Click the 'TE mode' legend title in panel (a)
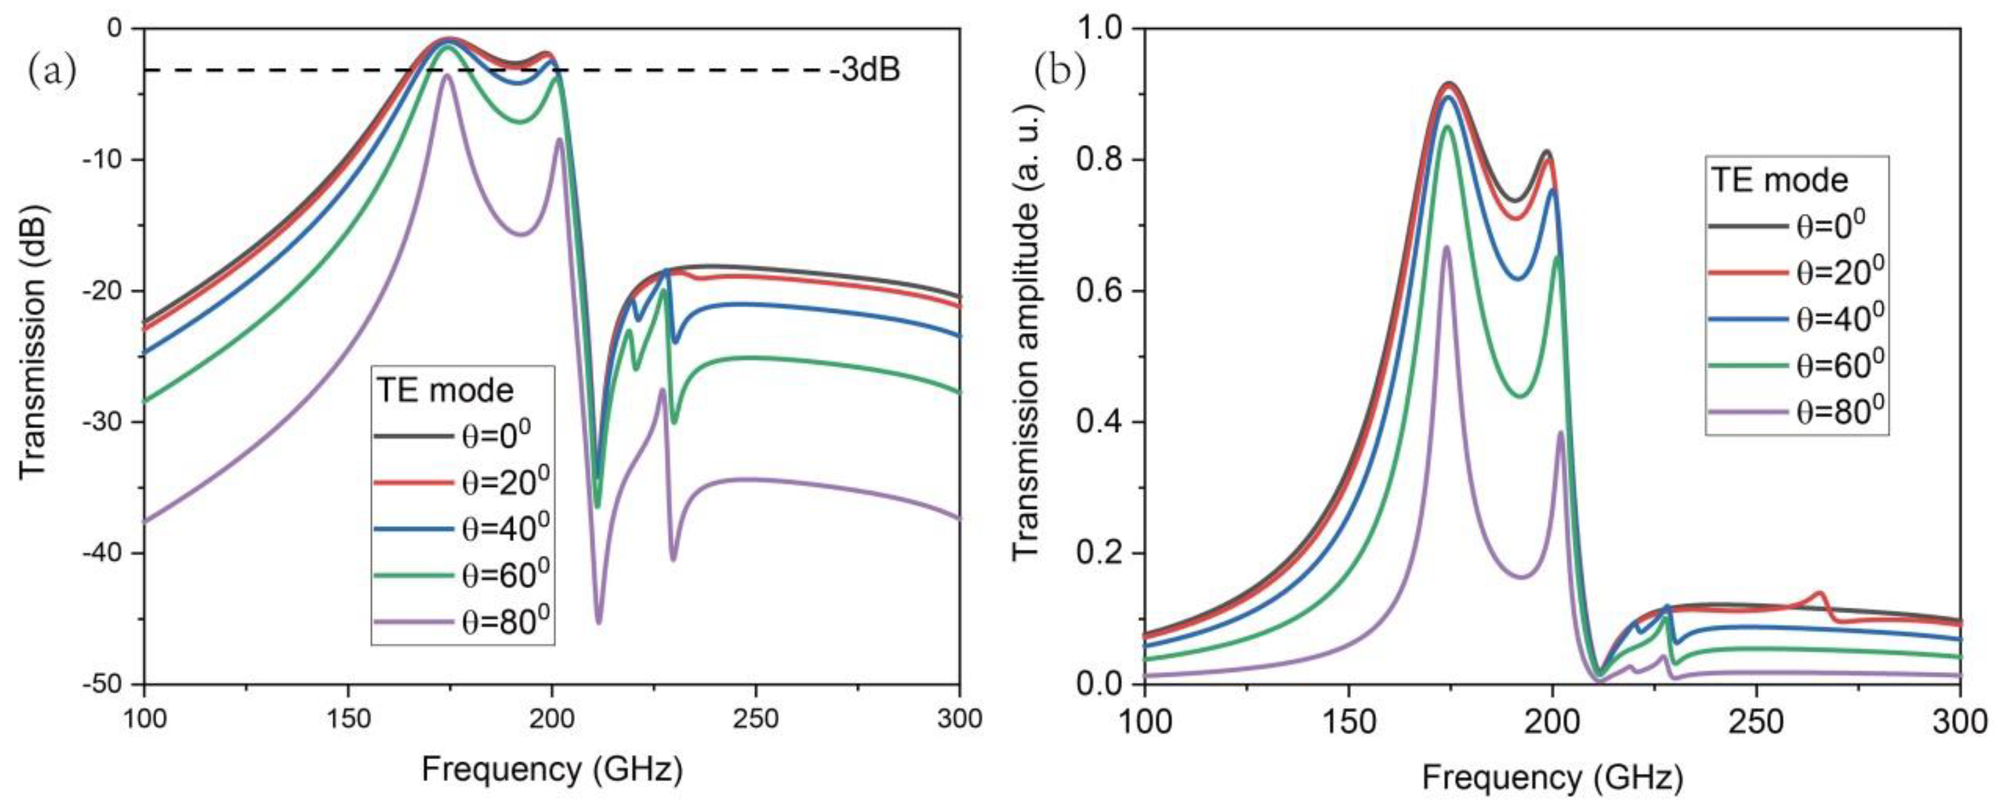445,390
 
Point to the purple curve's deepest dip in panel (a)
598,622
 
